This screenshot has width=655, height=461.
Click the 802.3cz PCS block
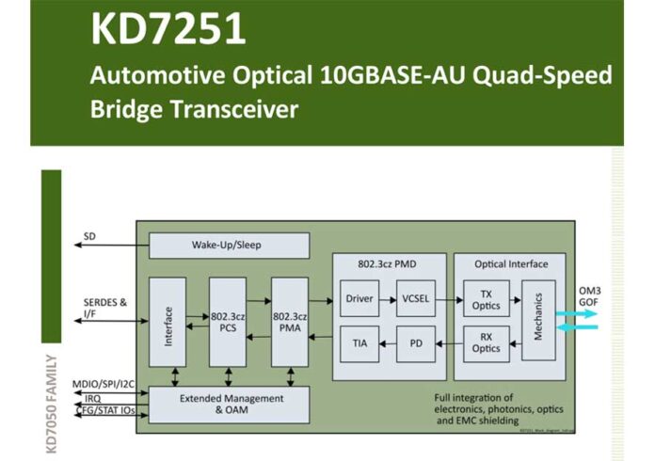pos(227,322)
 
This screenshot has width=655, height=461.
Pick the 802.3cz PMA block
pos(290,322)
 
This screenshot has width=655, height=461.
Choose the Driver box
pos(359,298)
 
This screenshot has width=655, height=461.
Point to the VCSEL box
pos(416,298)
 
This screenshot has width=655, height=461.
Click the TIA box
pos(359,343)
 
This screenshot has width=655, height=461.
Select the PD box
pos(416,343)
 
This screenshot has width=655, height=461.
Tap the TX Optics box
pos(486,298)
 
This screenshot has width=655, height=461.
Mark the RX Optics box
pos(486,343)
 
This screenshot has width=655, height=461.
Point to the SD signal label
pos(89,236)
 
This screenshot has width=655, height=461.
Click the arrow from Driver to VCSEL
pos(387,298)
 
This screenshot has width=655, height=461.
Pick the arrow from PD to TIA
pos(387,343)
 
